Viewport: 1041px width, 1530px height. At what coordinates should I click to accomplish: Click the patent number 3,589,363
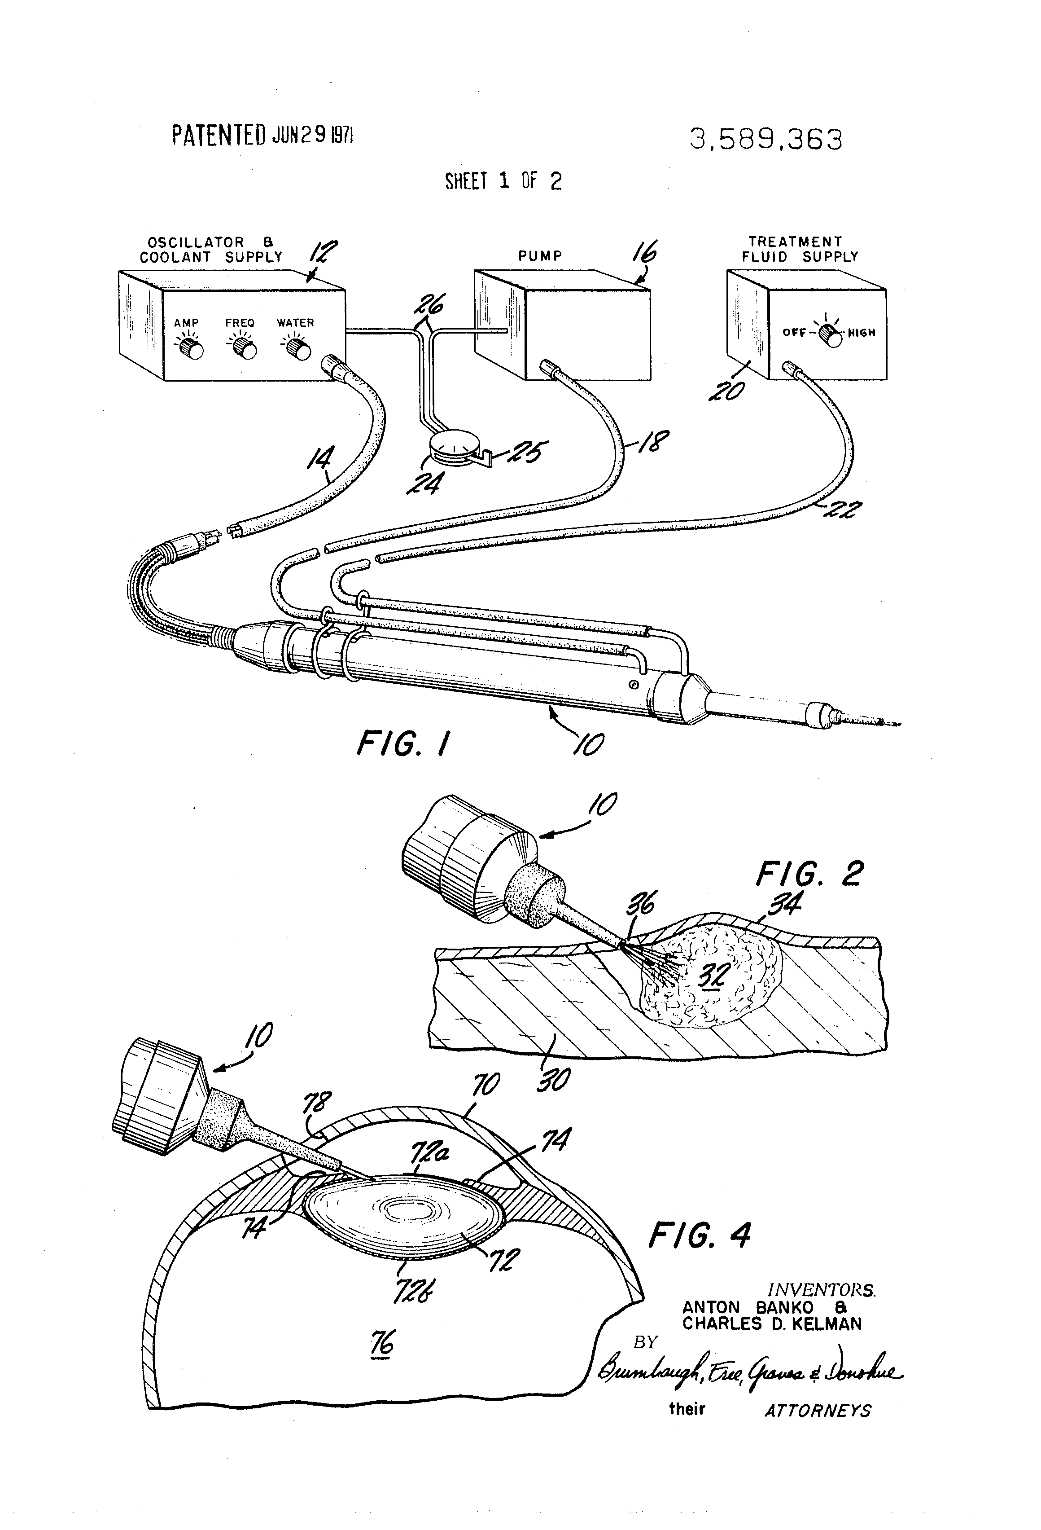(x=765, y=140)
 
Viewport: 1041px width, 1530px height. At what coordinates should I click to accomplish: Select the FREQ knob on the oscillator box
(x=245, y=350)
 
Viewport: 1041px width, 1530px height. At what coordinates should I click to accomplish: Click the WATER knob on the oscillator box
(x=301, y=350)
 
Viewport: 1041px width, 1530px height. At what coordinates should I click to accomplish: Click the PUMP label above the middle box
(x=540, y=256)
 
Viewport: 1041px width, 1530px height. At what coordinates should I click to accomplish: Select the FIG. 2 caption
(x=809, y=874)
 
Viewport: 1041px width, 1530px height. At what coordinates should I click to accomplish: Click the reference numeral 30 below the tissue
(x=553, y=1078)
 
